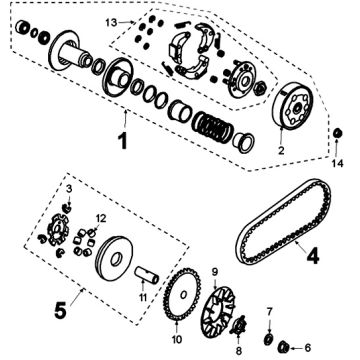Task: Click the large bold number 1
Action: coord(123,141)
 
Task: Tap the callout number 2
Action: coord(281,151)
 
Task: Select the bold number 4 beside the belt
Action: coord(312,256)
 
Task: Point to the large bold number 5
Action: coord(60,312)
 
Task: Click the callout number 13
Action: coord(111,23)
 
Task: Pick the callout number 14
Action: coord(337,163)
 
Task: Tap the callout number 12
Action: coord(101,219)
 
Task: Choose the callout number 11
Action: coord(143,297)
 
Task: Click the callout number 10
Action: coord(177,339)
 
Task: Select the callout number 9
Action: coord(215,272)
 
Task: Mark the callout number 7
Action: coord(269,311)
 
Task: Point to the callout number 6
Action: coord(307,348)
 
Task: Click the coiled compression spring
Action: coord(213,127)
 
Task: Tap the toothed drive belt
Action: coord(283,222)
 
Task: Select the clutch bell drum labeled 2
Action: coord(293,106)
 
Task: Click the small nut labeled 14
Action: coord(337,133)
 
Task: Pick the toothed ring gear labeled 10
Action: coord(182,295)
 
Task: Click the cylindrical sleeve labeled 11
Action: coord(147,275)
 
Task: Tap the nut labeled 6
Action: coord(283,347)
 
